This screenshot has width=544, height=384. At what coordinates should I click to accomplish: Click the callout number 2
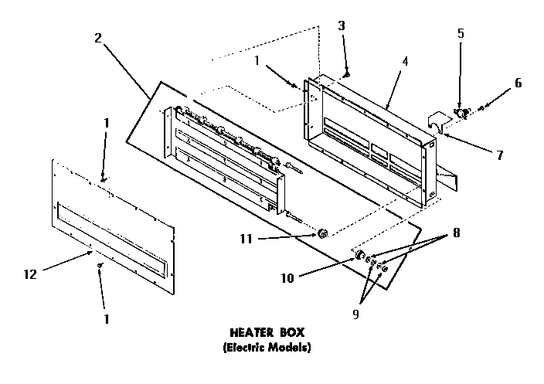tap(97, 39)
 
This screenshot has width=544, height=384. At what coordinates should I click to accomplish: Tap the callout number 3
tap(342, 25)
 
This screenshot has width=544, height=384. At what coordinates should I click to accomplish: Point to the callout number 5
tap(461, 34)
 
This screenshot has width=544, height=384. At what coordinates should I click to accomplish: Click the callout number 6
tap(518, 83)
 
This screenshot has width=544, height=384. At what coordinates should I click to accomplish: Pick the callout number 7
tap(500, 155)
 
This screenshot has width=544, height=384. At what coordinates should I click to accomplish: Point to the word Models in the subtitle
tap(291, 348)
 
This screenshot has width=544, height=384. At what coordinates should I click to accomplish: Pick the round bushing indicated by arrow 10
tap(360, 256)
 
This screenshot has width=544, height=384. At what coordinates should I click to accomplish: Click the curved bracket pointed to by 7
tap(437, 123)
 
